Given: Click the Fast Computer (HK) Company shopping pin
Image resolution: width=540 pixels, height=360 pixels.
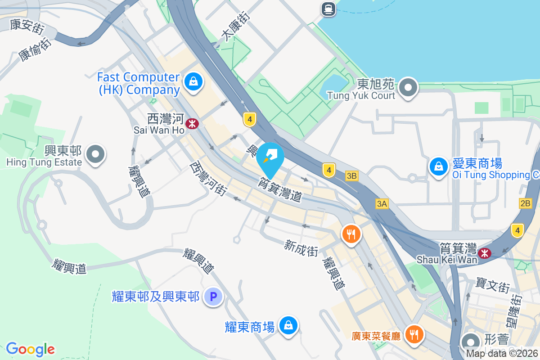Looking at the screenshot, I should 193,82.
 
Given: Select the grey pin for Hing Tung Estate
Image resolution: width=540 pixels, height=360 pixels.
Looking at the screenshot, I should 95,154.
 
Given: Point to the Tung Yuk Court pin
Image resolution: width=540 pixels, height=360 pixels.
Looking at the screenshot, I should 408,87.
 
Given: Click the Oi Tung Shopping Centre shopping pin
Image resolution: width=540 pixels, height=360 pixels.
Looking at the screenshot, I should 438,167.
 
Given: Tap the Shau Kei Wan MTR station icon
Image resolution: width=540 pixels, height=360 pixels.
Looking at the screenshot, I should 485,253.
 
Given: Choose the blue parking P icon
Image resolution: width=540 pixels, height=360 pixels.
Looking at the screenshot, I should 213,297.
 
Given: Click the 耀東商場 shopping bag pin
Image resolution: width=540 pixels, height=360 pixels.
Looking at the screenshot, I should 288,326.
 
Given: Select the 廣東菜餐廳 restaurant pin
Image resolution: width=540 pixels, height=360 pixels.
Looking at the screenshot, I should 414,334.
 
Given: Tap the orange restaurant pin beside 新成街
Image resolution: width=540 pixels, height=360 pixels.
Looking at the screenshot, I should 351,234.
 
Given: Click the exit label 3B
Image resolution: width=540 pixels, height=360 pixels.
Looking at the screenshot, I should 352,176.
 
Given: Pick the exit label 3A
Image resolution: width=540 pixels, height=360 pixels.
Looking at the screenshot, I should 382,204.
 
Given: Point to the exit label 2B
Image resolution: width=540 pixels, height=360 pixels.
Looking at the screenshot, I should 525,203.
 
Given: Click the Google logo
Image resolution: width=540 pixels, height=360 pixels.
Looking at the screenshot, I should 31,349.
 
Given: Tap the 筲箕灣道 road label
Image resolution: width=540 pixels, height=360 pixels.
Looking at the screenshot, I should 279,189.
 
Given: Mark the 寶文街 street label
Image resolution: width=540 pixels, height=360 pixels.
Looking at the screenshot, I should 493,285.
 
